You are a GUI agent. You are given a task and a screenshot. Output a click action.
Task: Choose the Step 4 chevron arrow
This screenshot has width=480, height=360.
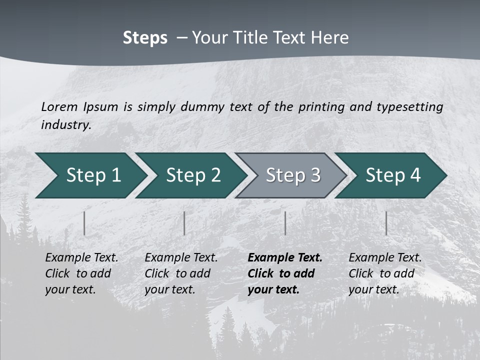coord(392,175)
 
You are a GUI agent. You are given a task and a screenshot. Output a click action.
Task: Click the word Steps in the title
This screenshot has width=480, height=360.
coord(145,38)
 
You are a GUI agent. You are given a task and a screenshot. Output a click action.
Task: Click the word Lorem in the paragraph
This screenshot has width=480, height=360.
coord(59,106)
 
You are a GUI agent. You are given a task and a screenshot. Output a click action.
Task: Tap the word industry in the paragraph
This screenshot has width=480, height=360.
coord(66,124)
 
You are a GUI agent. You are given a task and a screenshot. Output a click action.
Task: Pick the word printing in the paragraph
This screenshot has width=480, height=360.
coord(320,106)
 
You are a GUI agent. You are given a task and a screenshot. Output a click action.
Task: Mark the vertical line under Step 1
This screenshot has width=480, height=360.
coord(84,223)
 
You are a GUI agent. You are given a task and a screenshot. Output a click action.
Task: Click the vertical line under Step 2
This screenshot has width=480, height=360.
coord(184,223)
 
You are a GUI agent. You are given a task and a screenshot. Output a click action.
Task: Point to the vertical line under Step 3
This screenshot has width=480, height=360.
coord(285,223)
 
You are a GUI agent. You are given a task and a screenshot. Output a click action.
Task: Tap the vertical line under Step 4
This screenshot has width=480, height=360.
coord(386,223)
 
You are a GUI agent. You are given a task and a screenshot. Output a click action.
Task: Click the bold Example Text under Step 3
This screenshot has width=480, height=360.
coord(285,258)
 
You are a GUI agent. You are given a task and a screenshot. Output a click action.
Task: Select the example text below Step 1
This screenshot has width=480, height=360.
coord(81,273)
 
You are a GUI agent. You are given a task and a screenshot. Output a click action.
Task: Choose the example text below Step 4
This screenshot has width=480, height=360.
coord(384,273)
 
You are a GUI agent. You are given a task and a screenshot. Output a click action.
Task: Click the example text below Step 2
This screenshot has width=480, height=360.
coord(180,273)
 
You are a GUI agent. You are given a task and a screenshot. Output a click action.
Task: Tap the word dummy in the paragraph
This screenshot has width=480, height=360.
coord(202,106)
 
